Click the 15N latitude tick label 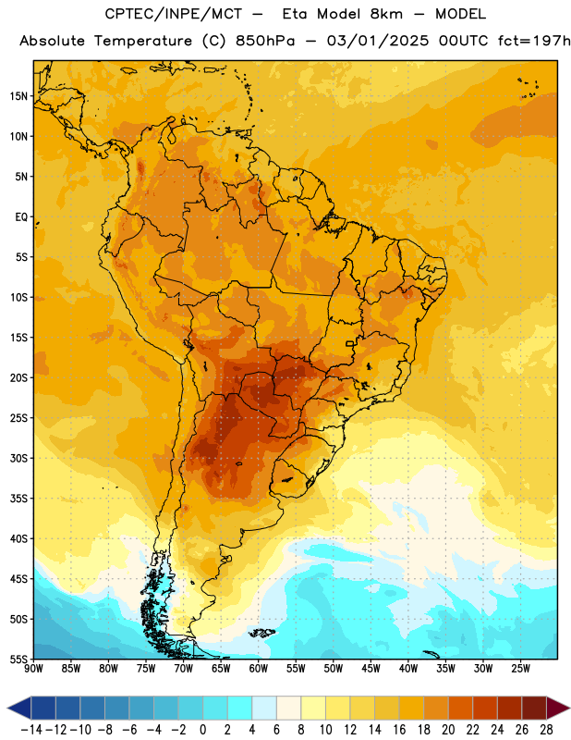[18, 96]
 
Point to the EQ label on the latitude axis [21, 217]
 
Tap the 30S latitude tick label [18, 458]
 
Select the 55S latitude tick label [18, 659]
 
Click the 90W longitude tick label [33, 669]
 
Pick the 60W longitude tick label [259, 669]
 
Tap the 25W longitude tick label [520, 669]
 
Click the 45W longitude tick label [371, 669]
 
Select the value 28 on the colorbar [546, 730]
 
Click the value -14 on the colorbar [32, 730]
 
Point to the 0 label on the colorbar [203, 730]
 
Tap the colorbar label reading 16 [399, 730]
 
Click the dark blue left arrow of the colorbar [19, 708]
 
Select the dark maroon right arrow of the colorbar [558, 708]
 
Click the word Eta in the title [295, 14]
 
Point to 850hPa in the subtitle [265, 41]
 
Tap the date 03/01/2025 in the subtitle [378, 41]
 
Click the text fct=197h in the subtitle [534, 41]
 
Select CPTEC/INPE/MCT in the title [174, 14]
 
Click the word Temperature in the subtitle [143, 42]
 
